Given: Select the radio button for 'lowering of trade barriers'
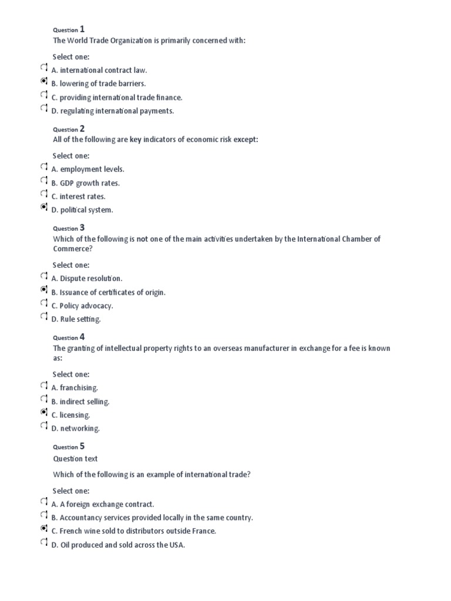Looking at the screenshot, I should [44, 83].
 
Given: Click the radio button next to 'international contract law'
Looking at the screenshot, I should [44, 69].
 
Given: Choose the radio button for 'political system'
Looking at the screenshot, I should [44, 209].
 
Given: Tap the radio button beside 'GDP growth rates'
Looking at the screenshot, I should [44, 182].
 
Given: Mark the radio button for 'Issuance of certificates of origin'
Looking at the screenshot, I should [44, 291].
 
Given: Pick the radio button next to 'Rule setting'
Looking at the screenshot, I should [44, 318].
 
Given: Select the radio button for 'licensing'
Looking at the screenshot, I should [44, 414].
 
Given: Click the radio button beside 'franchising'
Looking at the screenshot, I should [44, 387].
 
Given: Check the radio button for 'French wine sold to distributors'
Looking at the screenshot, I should [44, 530].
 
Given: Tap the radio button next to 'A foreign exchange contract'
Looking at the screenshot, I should [44, 503].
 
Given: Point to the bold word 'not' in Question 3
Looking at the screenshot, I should [142, 239].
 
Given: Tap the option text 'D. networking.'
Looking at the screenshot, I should [76, 428].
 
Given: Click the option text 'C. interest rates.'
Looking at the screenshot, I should [79, 197].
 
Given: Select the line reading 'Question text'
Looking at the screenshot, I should [75, 459].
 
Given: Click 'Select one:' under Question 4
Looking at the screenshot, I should [71, 374].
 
